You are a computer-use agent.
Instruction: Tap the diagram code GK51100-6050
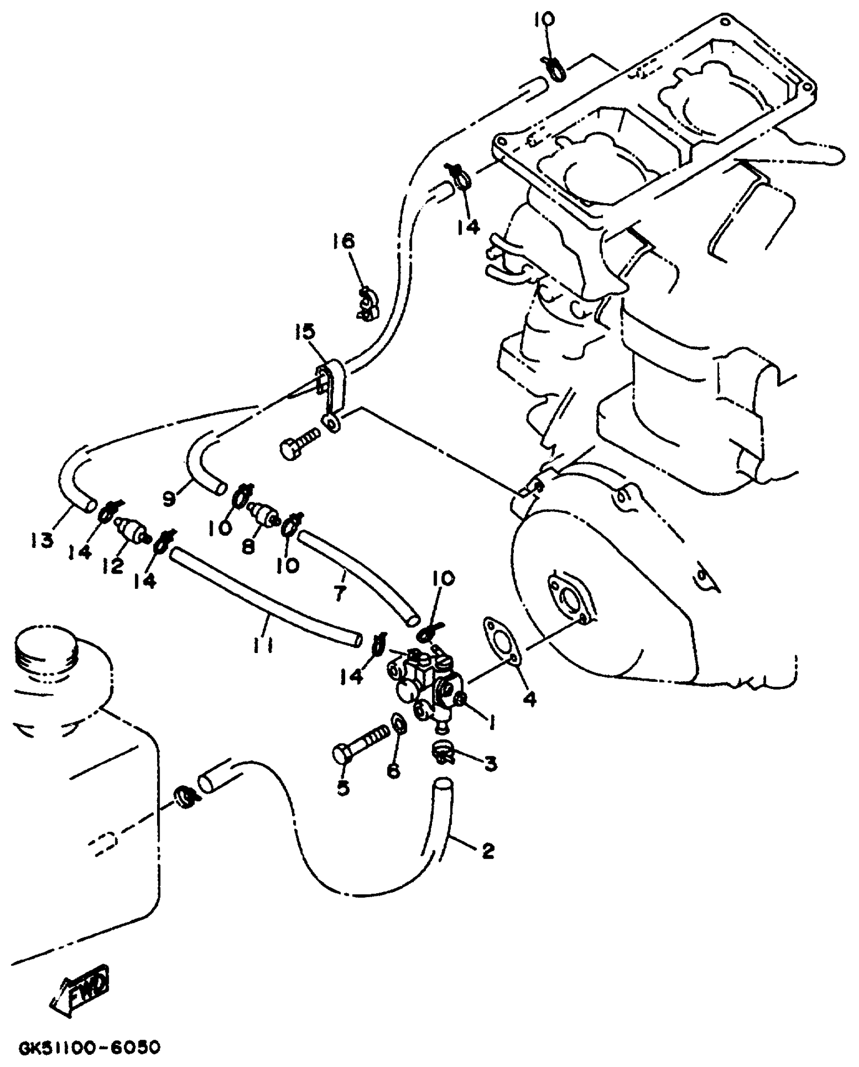(x=89, y=1047)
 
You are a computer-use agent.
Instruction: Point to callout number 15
(x=305, y=333)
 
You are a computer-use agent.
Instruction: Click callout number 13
(x=41, y=541)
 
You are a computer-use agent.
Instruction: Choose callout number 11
(x=263, y=645)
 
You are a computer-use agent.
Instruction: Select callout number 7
(x=340, y=592)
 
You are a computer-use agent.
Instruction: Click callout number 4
(x=529, y=700)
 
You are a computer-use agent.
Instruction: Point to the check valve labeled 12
(x=133, y=532)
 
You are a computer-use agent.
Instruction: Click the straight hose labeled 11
(x=263, y=596)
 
